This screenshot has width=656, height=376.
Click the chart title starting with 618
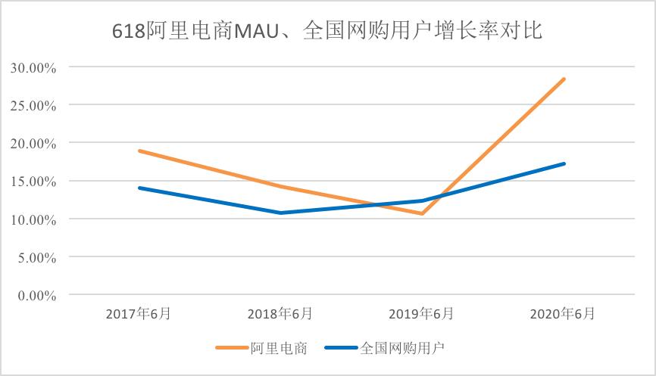point(328,32)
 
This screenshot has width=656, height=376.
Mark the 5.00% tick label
point(36,257)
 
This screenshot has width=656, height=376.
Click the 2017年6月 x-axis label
point(139,314)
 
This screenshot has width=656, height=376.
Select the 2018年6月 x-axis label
point(280,314)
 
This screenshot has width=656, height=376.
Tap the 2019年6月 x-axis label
point(422,314)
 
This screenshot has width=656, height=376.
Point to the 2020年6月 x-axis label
point(564,314)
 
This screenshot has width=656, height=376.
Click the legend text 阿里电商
point(279,348)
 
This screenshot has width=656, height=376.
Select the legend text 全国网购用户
point(401,348)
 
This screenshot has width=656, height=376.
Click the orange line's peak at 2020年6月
point(564,79)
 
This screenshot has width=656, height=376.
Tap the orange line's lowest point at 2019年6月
point(422,213)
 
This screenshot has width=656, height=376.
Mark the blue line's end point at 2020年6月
point(564,163)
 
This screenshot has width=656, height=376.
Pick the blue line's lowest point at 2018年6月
point(280,213)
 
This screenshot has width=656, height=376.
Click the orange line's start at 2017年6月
point(139,151)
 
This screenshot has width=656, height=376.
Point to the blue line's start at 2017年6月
point(139,188)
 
